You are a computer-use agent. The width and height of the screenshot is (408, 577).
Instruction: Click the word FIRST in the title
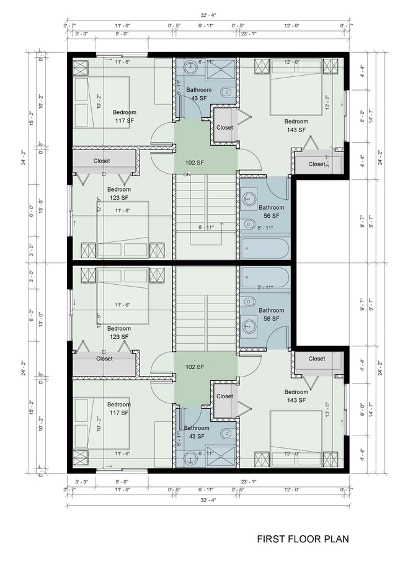[x=270, y=539]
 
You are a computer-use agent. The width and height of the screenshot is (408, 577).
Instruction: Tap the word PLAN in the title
[x=340, y=539]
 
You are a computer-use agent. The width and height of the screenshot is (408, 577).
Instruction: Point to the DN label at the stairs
[x=187, y=175]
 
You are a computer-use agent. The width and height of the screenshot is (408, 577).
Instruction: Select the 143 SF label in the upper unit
[x=296, y=130]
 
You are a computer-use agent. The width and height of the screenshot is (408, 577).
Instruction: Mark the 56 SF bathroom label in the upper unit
[x=271, y=216]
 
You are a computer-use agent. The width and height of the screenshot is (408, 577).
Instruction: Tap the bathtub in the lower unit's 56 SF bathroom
[x=265, y=277]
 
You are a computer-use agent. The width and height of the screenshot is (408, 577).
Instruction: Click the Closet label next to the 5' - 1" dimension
[x=316, y=164]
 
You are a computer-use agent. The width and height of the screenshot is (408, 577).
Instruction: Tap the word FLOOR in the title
[x=306, y=539]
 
